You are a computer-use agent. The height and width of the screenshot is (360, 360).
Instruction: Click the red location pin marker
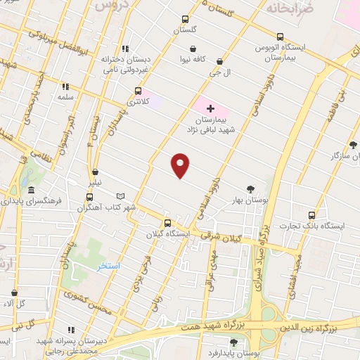pyautogui.click(x=181, y=165)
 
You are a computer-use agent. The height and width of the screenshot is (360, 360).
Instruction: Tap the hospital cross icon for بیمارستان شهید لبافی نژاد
pyautogui.click(x=210, y=108)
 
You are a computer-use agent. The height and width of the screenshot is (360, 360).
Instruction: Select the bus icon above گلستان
pyautogui.click(x=185, y=19)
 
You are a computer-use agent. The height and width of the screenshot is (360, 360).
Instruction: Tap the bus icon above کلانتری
pyautogui.click(x=138, y=91)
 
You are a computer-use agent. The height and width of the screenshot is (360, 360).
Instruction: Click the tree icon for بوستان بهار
pyautogui.click(x=251, y=188)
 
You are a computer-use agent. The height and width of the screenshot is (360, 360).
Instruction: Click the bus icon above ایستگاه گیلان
pyautogui.click(x=167, y=223)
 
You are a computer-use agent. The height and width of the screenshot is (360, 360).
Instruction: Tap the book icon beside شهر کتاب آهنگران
pyautogui.click(x=120, y=196)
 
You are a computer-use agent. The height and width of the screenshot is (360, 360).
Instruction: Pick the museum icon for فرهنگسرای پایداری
pyautogui.click(x=31, y=190)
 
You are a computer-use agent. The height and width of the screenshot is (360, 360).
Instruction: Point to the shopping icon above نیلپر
pyautogui.click(x=95, y=172)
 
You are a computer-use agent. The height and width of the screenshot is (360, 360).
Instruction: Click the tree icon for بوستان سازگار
pyautogui.click(x=353, y=145)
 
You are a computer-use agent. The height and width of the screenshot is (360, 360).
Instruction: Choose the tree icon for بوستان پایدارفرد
pyautogui.click(x=233, y=342)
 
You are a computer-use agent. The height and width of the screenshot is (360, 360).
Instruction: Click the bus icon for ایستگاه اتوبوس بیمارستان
pyautogui.click(x=281, y=37)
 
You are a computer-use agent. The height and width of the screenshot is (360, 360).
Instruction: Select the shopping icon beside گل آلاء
pyautogui.click(x=14, y=292)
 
